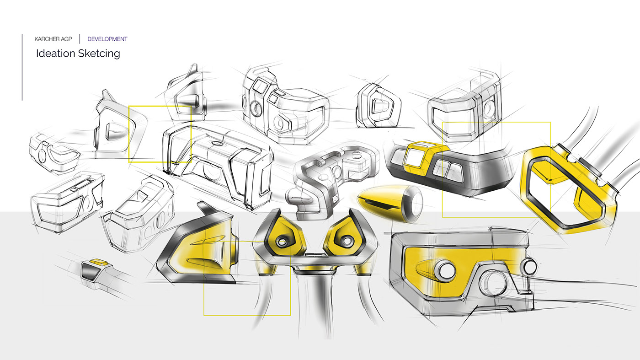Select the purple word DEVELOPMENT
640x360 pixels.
click(x=107, y=39)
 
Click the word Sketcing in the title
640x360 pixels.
click(x=99, y=54)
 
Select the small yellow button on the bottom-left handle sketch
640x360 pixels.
click(x=97, y=262)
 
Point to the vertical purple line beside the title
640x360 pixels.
click(x=22, y=67)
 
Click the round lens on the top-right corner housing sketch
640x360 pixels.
click(x=489, y=107)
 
